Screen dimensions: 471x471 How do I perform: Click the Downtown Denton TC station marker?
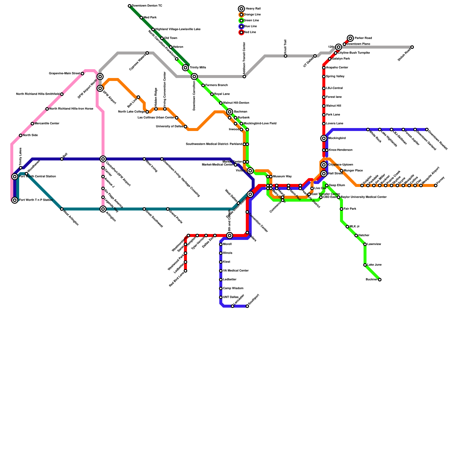tap(130, 6)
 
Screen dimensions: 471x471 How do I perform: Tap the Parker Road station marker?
tap(350, 38)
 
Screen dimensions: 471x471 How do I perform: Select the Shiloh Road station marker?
tap(412, 47)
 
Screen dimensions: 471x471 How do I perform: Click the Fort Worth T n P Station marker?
tap(15, 200)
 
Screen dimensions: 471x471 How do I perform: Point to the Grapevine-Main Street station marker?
tap(82, 74)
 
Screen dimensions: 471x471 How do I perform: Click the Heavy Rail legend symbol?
tap(241, 9)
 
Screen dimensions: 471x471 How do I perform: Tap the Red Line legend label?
tap(250, 32)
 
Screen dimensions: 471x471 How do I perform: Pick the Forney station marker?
tap(436, 185)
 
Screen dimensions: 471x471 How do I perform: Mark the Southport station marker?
tap(247, 306)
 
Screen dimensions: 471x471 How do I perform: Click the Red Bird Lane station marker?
tap(185, 271)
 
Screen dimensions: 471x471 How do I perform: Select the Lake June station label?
tap(374, 265)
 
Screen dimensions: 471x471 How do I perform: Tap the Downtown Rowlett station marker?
tap(427, 130)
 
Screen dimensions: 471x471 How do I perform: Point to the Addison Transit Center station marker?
tap(244, 77)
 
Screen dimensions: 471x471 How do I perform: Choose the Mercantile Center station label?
tap(47, 124)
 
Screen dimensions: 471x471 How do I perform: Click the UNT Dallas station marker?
tap(221, 297)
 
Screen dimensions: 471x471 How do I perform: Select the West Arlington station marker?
tap(62, 209)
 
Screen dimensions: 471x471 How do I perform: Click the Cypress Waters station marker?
tap(147, 53)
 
